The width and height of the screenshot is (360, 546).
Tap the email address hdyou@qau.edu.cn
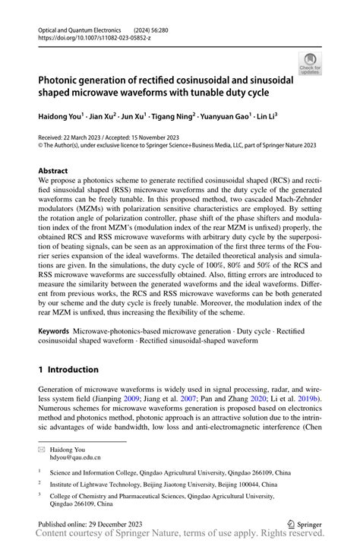tap(77, 458)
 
